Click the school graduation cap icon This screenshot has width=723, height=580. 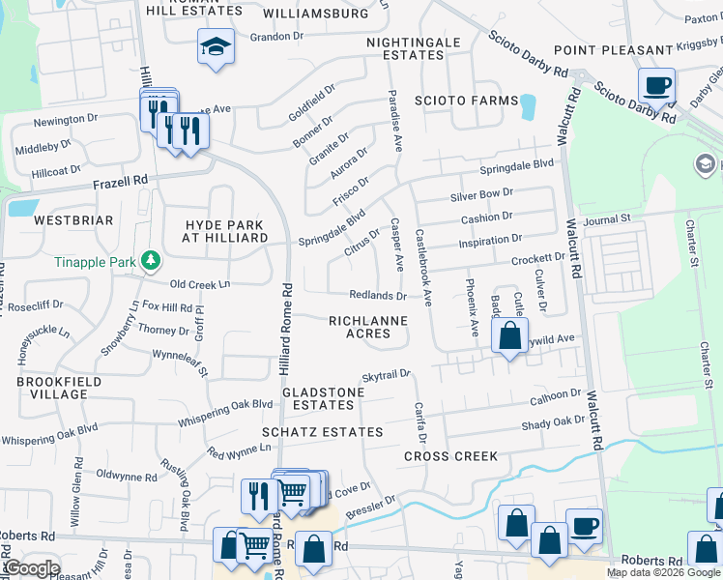click(x=216, y=44)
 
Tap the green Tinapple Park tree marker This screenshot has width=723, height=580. click(x=150, y=259)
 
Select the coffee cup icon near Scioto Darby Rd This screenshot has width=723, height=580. click(x=656, y=85)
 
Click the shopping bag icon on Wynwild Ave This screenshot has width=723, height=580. click(x=509, y=335)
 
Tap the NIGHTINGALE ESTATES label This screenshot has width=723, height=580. click(x=405, y=48)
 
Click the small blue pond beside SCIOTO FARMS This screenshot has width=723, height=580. click(x=527, y=106)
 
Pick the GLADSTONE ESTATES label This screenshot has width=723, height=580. click(x=323, y=398)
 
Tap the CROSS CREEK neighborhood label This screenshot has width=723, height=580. click(x=450, y=456)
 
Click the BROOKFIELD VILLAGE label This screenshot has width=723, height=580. click(x=51, y=389)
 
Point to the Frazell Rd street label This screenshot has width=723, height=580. click(x=120, y=181)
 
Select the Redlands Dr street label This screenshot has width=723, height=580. click(x=378, y=295)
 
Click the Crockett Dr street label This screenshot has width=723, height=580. click(x=537, y=258)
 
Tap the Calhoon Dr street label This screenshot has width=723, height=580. click(x=555, y=395)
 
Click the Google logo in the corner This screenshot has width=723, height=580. click(x=33, y=568)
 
